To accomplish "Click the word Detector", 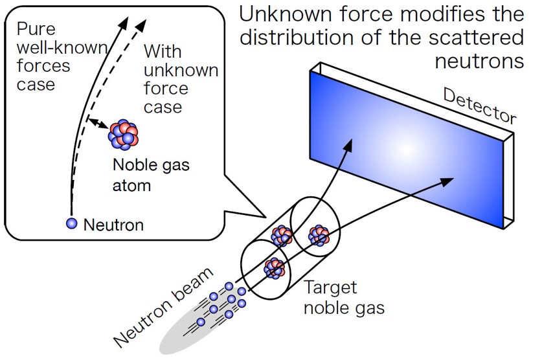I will click(x=479, y=106).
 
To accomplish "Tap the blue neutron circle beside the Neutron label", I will click(x=72, y=223).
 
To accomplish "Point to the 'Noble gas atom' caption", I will click(x=151, y=175).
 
